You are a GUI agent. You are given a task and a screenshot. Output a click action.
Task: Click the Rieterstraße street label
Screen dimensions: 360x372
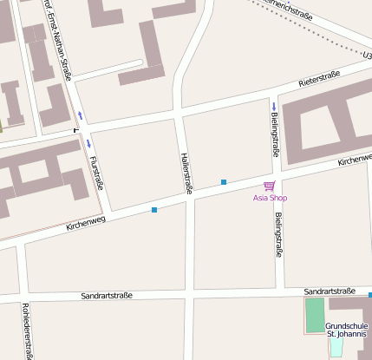click(x=318, y=79)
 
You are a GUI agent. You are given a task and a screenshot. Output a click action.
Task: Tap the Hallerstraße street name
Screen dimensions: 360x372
click(x=186, y=171)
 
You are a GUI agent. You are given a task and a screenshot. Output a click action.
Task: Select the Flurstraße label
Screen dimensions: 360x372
click(x=95, y=173)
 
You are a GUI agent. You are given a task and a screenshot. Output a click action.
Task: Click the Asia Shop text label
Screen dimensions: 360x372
click(x=270, y=198)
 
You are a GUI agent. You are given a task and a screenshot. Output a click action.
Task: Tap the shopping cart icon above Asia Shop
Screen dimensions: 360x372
click(x=269, y=186)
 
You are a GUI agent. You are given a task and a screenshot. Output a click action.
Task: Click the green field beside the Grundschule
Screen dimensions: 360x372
click(x=314, y=316)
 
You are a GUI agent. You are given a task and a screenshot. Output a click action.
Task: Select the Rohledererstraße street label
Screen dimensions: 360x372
click(x=28, y=331)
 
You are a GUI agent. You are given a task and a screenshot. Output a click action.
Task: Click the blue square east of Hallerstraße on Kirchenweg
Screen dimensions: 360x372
click(x=224, y=182)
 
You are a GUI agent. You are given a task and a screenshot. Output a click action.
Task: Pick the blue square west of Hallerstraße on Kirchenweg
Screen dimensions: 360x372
click(x=154, y=210)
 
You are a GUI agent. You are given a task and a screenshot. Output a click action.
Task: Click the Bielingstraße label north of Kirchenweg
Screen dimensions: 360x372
click(x=275, y=134)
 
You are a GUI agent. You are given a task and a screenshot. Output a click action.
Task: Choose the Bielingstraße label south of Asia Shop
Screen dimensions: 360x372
click(x=279, y=235)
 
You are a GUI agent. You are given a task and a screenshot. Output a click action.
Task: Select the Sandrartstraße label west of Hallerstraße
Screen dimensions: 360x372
click(x=107, y=296)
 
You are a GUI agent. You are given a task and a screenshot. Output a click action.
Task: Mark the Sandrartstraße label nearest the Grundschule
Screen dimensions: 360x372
click(x=331, y=292)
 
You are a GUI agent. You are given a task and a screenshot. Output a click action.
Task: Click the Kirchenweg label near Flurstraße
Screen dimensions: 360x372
click(x=85, y=223)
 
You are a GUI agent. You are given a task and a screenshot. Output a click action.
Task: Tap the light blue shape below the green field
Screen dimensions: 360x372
click(x=336, y=346)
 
